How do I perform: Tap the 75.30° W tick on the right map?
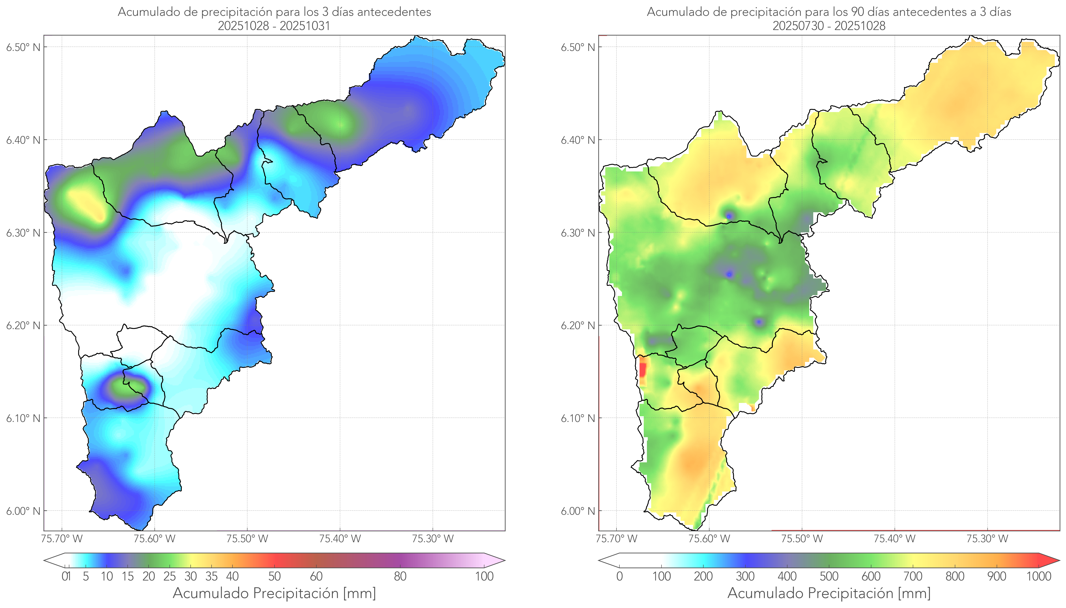click(x=987, y=539)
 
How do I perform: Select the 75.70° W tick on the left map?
click(x=62, y=539)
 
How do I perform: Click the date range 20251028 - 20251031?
click(x=274, y=26)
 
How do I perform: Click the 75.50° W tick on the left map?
click(x=247, y=539)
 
